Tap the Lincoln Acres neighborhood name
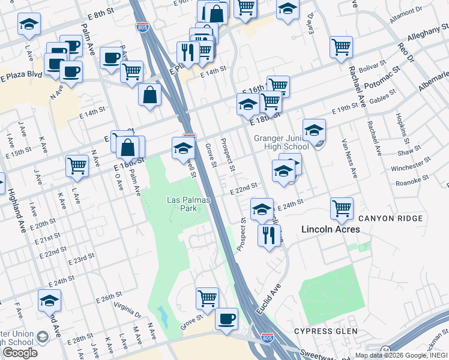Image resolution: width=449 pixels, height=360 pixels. [x=330, y=229]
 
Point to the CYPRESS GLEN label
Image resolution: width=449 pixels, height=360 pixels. [x=325, y=331]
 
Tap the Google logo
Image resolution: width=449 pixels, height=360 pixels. [x=20, y=352]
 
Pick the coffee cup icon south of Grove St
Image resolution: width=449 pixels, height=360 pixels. [x=226, y=319]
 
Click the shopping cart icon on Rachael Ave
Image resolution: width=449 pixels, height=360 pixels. [x=341, y=47]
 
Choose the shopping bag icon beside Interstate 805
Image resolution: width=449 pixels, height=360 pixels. [x=149, y=95]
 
